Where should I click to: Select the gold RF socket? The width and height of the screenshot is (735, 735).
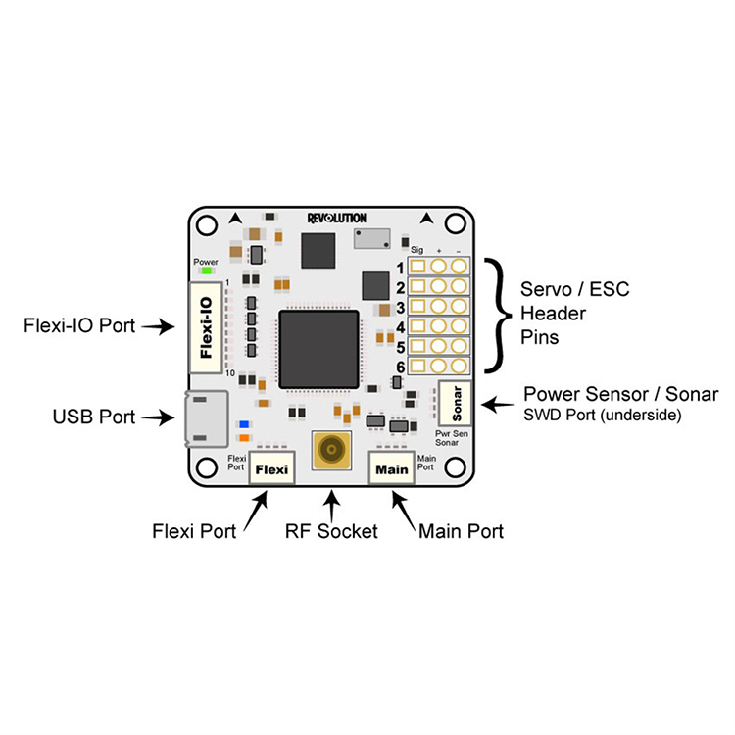(x=332, y=453)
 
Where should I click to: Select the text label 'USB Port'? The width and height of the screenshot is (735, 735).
(x=94, y=417)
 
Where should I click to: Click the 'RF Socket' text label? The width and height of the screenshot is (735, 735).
(x=331, y=532)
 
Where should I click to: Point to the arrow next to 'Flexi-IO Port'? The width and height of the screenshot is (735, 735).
(x=158, y=327)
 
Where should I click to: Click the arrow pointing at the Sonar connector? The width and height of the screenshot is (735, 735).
(x=500, y=402)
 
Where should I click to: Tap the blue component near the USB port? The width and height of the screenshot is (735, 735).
(x=243, y=424)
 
